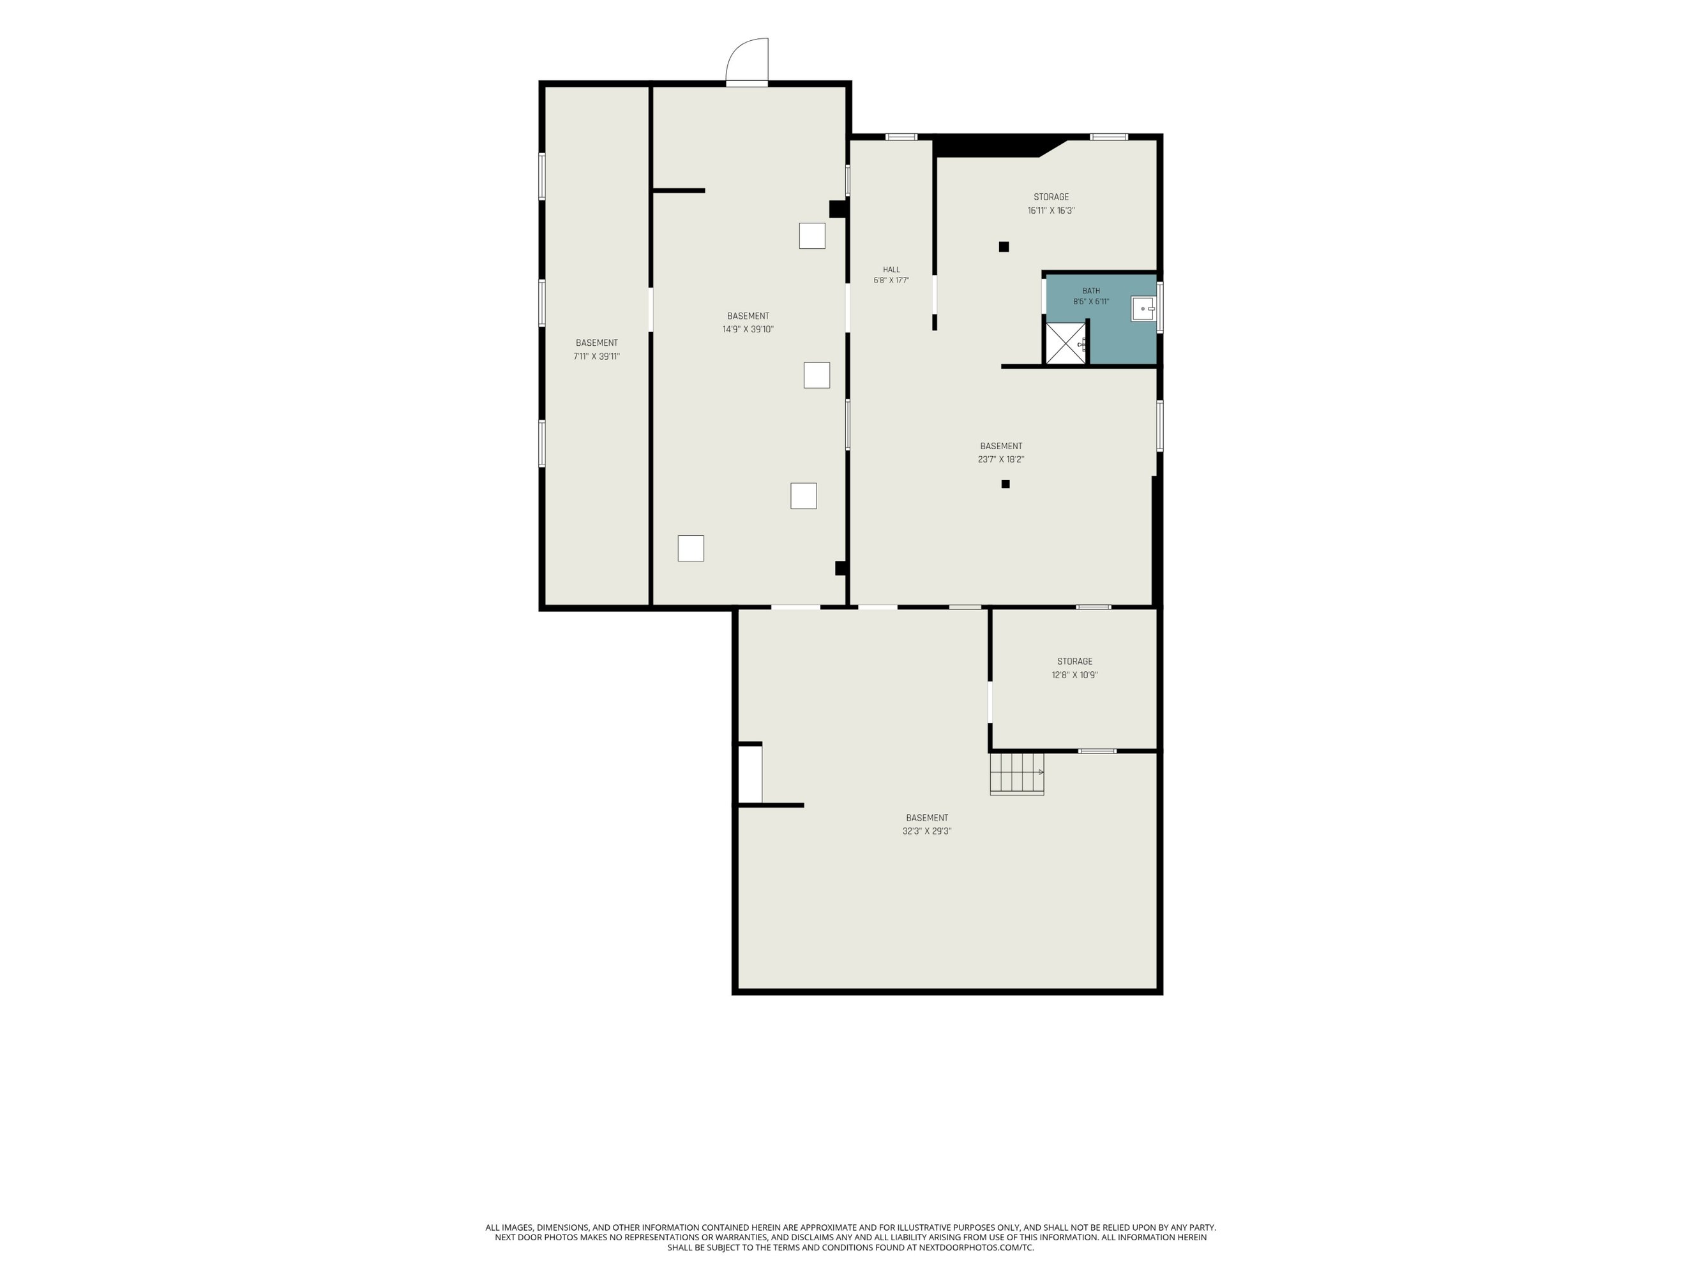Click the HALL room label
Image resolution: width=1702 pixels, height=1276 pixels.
(x=891, y=270)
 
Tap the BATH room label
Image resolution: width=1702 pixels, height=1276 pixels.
(x=1091, y=291)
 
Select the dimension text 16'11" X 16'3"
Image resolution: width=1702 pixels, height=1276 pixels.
(x=1051, y=211)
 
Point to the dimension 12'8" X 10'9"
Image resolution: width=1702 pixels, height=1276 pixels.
(x=1075, y=675)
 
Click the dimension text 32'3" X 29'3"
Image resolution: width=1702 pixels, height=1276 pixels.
(x=927, y=831)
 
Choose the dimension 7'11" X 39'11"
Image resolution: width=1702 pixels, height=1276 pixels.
(x=596, y=357)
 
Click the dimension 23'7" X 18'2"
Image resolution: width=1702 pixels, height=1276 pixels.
(x=1001, y=460)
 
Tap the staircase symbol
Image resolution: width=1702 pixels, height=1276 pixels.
(x=1016, y=774)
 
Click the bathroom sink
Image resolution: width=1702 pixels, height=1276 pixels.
(x=1143, y=308)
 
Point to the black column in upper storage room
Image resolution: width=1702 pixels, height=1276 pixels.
(x=1004, y=247)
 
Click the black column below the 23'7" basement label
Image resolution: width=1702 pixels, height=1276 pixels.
(x=1005, y=484)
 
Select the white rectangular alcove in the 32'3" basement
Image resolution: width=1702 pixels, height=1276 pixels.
(x=750, y=775)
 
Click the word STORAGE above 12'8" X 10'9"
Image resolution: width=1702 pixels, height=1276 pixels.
(x=1075, y=662)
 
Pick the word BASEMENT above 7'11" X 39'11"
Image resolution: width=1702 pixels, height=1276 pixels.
(x=596, y=343)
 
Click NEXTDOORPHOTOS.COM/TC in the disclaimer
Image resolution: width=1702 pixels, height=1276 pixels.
(x=976, y=1247)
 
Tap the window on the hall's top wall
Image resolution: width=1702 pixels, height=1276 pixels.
(x=901, y=137)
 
